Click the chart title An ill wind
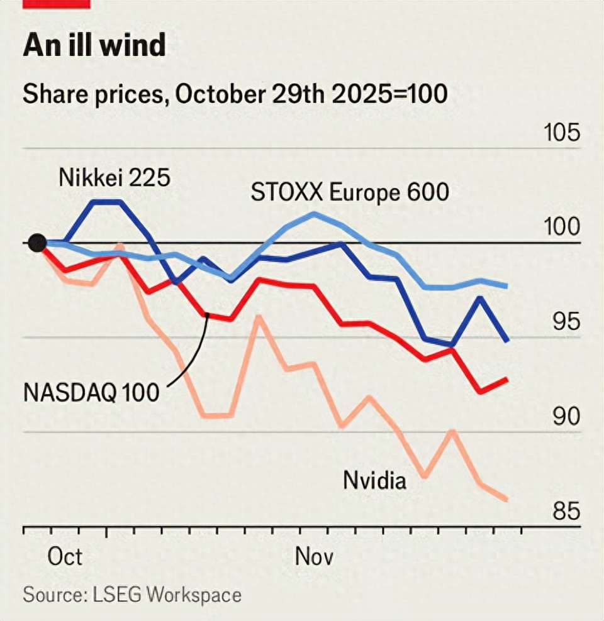click(94, 46)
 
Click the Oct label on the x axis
click(65, 557)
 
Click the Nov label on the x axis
click(313, 557)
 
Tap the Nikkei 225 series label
click(115, 177)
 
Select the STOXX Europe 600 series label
click(350, 192)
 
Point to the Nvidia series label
click(374, 481)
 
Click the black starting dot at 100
click(37, 243)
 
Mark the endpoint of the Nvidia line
click(506, 500)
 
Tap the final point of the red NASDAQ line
click(507, 380)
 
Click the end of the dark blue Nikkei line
click(507, 340)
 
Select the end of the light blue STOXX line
click(507, 286)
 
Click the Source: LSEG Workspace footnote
click(132, 595)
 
